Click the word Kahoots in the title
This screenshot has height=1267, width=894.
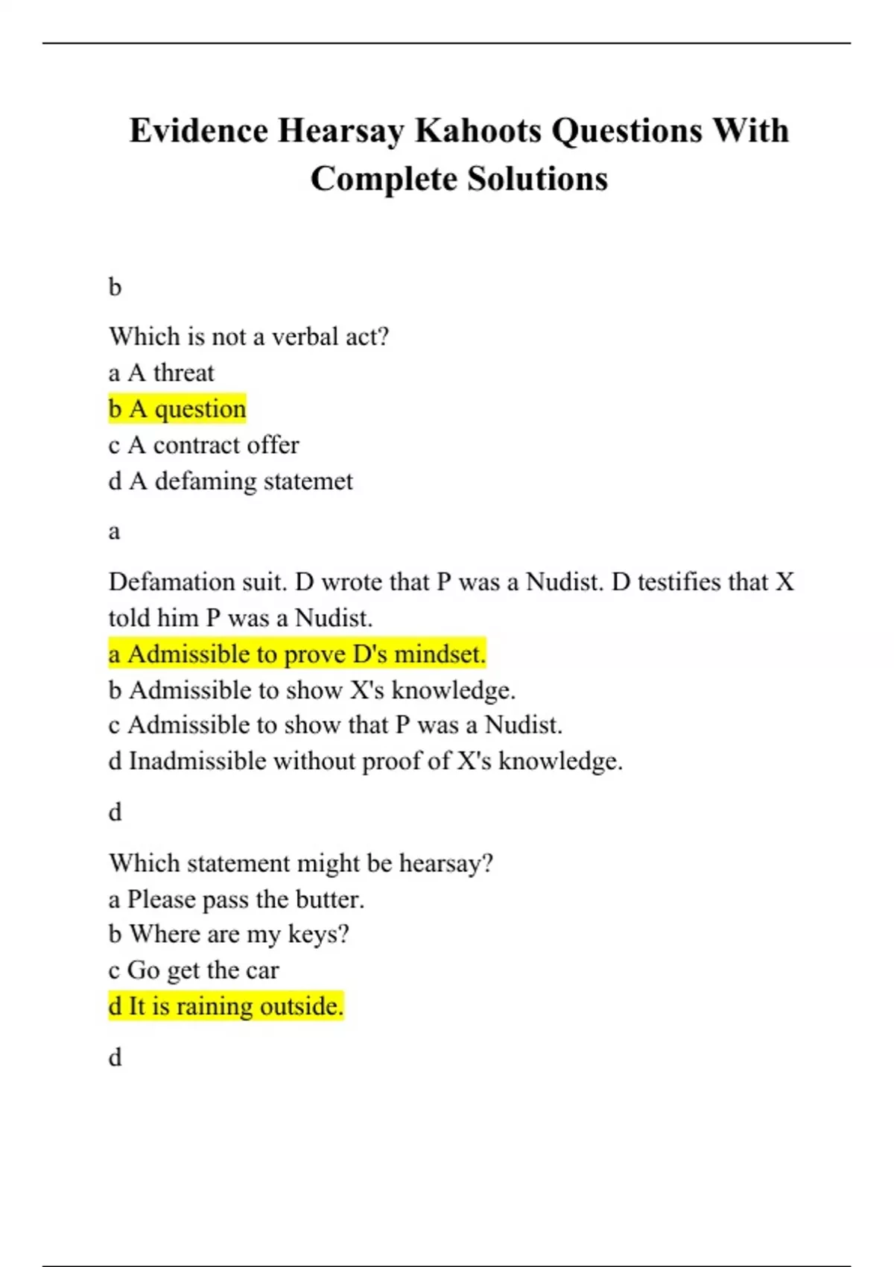point(478,130)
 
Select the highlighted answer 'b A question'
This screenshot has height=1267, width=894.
point(177,408)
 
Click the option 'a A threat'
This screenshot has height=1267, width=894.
point(161,372)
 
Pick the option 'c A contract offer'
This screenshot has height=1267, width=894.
point(203,445)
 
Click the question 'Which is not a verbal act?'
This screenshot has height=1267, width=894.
point(249,336)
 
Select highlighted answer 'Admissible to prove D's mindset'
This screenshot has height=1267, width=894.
point(297,654)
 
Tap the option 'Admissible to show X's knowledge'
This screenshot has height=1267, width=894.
point(311,689)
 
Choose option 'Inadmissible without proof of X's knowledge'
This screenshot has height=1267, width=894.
point(365,761)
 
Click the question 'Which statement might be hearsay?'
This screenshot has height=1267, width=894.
point(301,863)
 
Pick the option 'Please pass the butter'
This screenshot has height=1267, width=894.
point(236,899)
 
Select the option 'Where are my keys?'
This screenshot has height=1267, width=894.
point(229,934)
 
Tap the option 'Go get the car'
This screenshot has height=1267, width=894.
point(194,970)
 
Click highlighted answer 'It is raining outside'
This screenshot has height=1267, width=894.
point(226,1006)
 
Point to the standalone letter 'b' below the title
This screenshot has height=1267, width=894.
point(115,287)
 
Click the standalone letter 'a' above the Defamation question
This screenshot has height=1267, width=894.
point(114,531)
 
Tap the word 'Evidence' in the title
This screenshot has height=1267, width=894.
point(199,130)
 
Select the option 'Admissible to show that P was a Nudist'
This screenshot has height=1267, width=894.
point(335,724)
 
